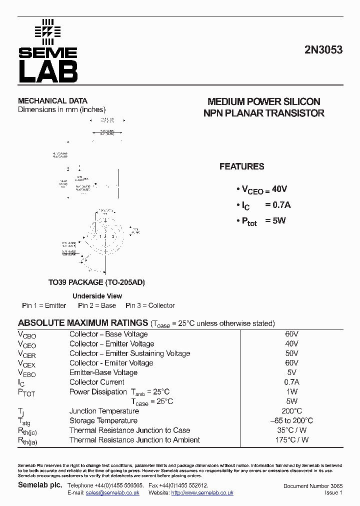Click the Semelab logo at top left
click(48, 51)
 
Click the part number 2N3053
click(323, 50)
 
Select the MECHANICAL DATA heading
click(52, 100)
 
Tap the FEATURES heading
click(241, 166)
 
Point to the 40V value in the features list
click(279, 189)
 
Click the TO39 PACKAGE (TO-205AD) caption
click(96, 282)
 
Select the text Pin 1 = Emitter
click(44, 305)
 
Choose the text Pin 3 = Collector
click(150, 305)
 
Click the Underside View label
click(97, 296)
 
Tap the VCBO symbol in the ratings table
click(27, 335)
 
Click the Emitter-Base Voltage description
click(103, 372)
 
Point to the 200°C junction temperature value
click(291, 411)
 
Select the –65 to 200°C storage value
click(291, 420)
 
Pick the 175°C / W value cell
click(291, 440)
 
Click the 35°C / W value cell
click(291, 430)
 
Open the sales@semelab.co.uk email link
click(112, 492)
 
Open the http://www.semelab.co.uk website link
click(202, 492)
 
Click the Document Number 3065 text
click(312, 486)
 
